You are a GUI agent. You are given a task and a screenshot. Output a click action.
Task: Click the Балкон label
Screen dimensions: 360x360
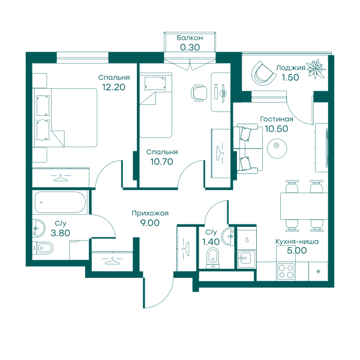point(190,38)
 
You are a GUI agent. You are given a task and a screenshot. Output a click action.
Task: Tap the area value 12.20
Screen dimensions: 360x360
point(113,87)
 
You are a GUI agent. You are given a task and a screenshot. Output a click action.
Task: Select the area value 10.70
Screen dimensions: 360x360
point(161,162)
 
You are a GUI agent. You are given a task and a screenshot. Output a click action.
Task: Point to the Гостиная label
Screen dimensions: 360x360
point(277,119)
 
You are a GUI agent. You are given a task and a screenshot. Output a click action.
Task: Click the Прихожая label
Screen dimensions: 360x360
point(150,213)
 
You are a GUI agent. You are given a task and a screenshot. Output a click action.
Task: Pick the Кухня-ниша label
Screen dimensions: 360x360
point(297,242)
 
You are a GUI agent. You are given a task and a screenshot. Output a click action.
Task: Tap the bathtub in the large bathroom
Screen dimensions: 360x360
point(60,203)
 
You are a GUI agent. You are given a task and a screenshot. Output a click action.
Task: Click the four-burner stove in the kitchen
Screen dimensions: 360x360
point(286,271)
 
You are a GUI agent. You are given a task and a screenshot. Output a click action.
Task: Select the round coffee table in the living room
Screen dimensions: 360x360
point(277,148)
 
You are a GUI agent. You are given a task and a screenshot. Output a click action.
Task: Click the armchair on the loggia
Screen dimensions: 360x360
point(263,73)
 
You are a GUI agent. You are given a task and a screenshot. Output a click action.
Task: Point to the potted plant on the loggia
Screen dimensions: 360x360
point(316,68)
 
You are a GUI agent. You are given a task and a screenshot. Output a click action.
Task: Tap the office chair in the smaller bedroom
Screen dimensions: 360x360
point(199,93)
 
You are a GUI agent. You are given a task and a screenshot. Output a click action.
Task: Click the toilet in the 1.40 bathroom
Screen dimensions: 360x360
point(213,258)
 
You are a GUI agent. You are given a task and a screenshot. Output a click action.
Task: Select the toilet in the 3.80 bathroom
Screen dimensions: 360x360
point(43,248)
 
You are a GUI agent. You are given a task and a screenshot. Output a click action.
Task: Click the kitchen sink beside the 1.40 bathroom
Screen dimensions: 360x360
point(247,259)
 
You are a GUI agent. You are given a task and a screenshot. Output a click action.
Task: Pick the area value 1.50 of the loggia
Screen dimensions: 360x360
point(290,77)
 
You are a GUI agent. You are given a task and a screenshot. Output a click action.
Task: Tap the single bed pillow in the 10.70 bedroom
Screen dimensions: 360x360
point(155,83)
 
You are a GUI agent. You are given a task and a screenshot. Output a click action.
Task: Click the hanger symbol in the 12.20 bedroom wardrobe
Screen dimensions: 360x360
point(61,178)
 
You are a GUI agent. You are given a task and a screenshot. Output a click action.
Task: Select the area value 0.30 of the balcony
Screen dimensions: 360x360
point(190,47)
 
